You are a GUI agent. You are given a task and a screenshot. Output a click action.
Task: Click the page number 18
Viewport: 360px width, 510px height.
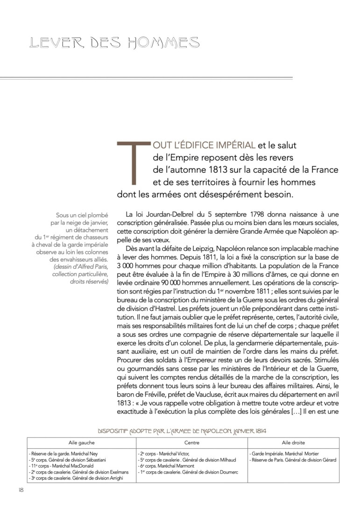click(x=21, y=490)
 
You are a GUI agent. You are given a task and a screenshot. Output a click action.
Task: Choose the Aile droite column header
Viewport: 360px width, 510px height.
click(x=293, y=442)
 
